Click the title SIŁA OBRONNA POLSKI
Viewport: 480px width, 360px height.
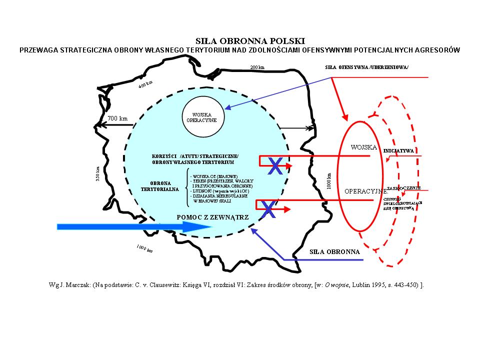(x=239, y=41)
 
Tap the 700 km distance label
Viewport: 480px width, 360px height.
(x=117, y=118)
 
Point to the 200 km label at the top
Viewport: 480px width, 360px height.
(x=257, y=67)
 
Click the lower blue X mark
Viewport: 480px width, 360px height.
(x=269, y=209)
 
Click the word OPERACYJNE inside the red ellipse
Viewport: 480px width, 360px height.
(x=365, y=191)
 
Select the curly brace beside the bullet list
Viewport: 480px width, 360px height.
(x=186, y=187)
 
